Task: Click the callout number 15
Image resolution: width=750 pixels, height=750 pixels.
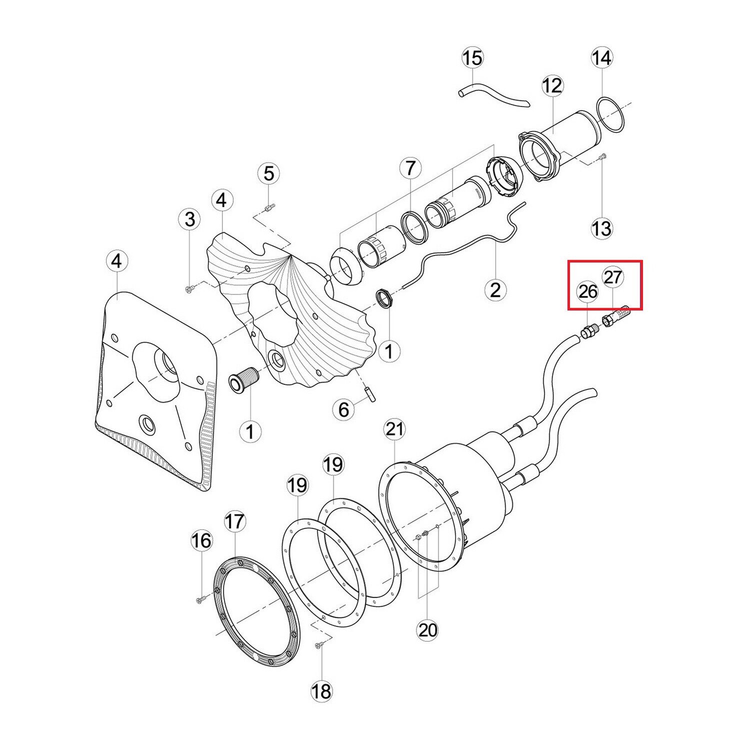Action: pyautogui.click(x=472, y=58)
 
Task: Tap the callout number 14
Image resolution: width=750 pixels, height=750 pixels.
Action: pyautogui.click(x=601, y=58)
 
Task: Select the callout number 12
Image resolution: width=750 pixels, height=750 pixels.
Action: pyautogui.click(x=552, y=86)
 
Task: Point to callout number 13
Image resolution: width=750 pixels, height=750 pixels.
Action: pyautogui.click(x=601, y=228)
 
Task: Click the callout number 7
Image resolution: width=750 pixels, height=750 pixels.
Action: pyautogui.click(x=410, y=168)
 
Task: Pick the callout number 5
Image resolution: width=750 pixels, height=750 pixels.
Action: pyautogui.click(x=269, y=173)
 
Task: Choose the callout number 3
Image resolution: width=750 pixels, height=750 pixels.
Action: pyautogui.click(x=190, y=219)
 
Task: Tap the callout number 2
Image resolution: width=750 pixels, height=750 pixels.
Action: pyautogui.click(x=495, y=289)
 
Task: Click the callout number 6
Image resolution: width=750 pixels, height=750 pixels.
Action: pyautogui.click(x=343, y=409)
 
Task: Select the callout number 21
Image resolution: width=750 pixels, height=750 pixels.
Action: pyautogui.click(x=394, y=429)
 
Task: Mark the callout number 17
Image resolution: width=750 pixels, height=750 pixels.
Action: pyautogui.click(x=234, y=521)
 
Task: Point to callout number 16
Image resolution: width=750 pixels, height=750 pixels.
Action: pyautogui.click(x=201, y=540)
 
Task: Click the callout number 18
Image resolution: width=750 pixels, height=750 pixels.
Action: pyautogui.click(x=321, y=691)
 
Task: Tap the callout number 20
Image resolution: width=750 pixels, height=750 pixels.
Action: pyautogui.click(x=427, y=630)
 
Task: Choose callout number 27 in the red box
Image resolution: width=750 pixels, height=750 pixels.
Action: pyautogui.click(x=613, y=276)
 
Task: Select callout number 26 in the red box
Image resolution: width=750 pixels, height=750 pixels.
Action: pyautogui.click(x=587, y=291)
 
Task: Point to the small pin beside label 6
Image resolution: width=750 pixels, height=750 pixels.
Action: pyautogui.click(x=370, y=392)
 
